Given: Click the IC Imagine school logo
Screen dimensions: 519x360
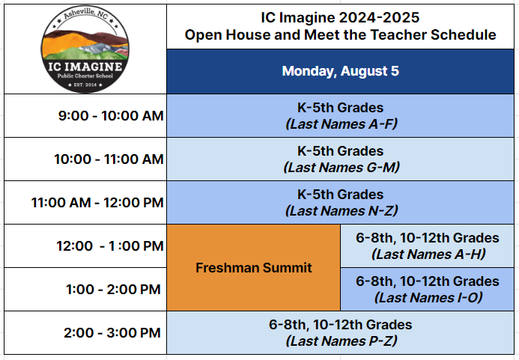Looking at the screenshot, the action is point(85,49).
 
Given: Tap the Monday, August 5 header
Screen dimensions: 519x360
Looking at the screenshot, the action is point(340,71).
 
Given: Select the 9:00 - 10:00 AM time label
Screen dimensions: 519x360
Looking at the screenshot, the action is point(111,116).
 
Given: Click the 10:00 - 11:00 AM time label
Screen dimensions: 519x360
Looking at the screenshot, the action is point(109,159).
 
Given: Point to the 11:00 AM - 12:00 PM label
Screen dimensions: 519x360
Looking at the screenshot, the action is point(97,203).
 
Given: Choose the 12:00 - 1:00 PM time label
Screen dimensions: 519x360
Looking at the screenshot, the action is point(110,245).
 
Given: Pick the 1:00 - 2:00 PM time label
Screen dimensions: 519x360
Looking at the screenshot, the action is point(113,289).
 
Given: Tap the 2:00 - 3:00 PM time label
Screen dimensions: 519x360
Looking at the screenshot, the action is point(112,332).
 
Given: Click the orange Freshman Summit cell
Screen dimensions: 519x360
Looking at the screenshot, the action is point(254,268).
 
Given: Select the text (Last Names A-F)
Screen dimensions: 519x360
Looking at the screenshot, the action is point(342,124).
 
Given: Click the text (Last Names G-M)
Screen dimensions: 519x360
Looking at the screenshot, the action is point(342,168).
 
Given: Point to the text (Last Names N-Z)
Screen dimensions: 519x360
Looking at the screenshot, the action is point(342,211).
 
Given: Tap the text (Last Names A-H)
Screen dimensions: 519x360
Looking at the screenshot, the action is point(428,254).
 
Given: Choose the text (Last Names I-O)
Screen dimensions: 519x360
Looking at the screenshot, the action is point(428,297).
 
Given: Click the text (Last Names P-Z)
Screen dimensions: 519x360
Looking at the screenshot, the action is point(342,341).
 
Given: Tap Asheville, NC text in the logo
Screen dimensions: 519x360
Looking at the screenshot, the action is point(85,14).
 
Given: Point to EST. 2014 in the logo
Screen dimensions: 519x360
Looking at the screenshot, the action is point(85,85).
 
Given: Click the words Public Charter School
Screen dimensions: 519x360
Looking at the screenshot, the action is point(85,76).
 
